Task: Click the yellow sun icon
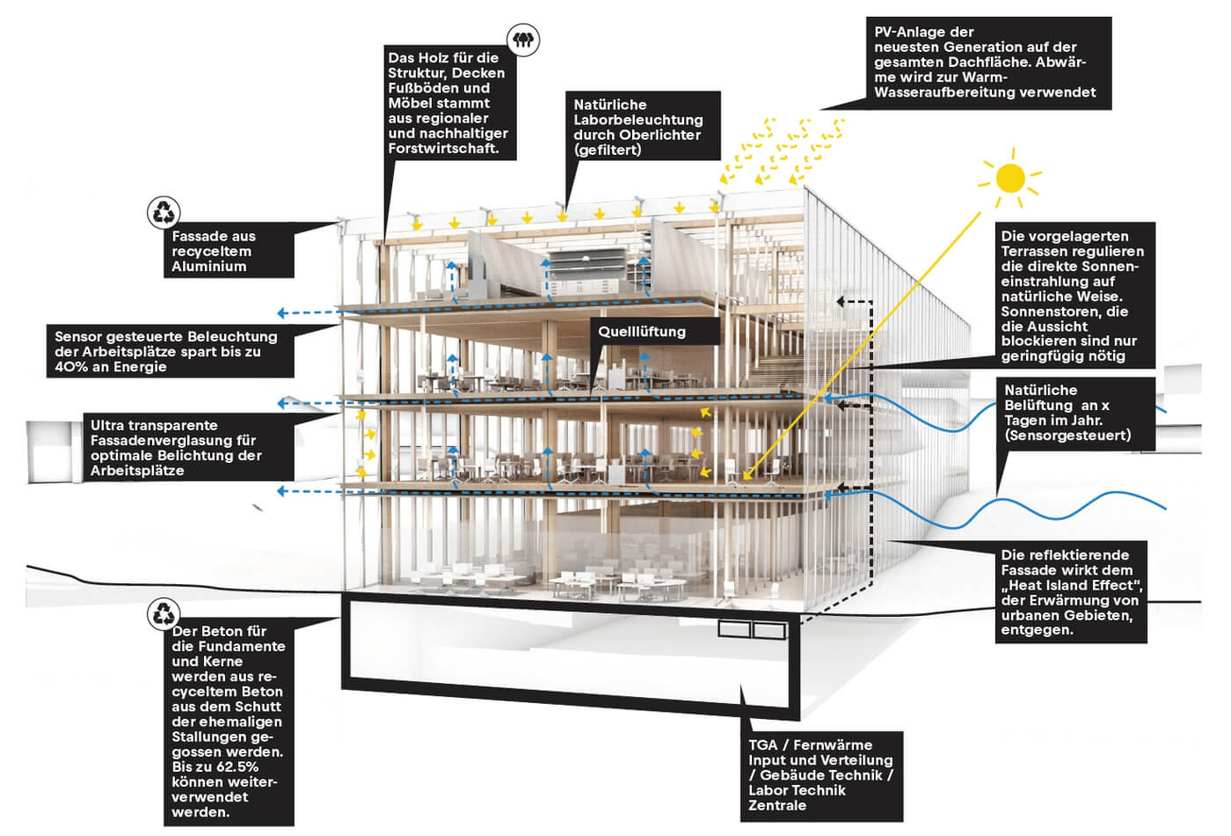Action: click(1010, 180)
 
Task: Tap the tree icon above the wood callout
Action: click(524, 39)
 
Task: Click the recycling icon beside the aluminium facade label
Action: click(164, 212)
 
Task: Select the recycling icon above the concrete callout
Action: click(164, 613)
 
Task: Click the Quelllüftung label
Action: click(642, 332)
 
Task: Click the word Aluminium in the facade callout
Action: click(208, 266)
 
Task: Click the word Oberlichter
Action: click(660, 135)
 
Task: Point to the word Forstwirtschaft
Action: click(443, 148)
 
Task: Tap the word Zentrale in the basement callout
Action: click(777, 805)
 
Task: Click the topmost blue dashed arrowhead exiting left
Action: click(281, 312)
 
